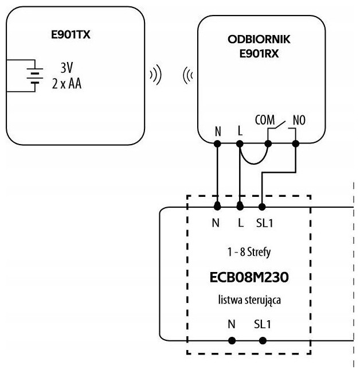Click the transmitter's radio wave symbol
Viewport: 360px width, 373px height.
(154, 75)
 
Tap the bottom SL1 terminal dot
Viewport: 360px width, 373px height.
(263, 340)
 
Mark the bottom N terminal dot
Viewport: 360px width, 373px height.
(232, 340)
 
